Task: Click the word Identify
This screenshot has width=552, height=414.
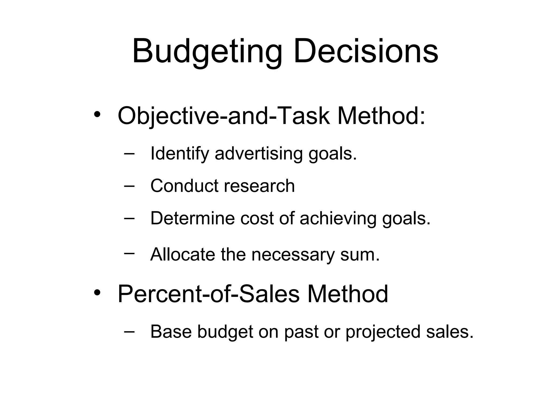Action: pos(180,153)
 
